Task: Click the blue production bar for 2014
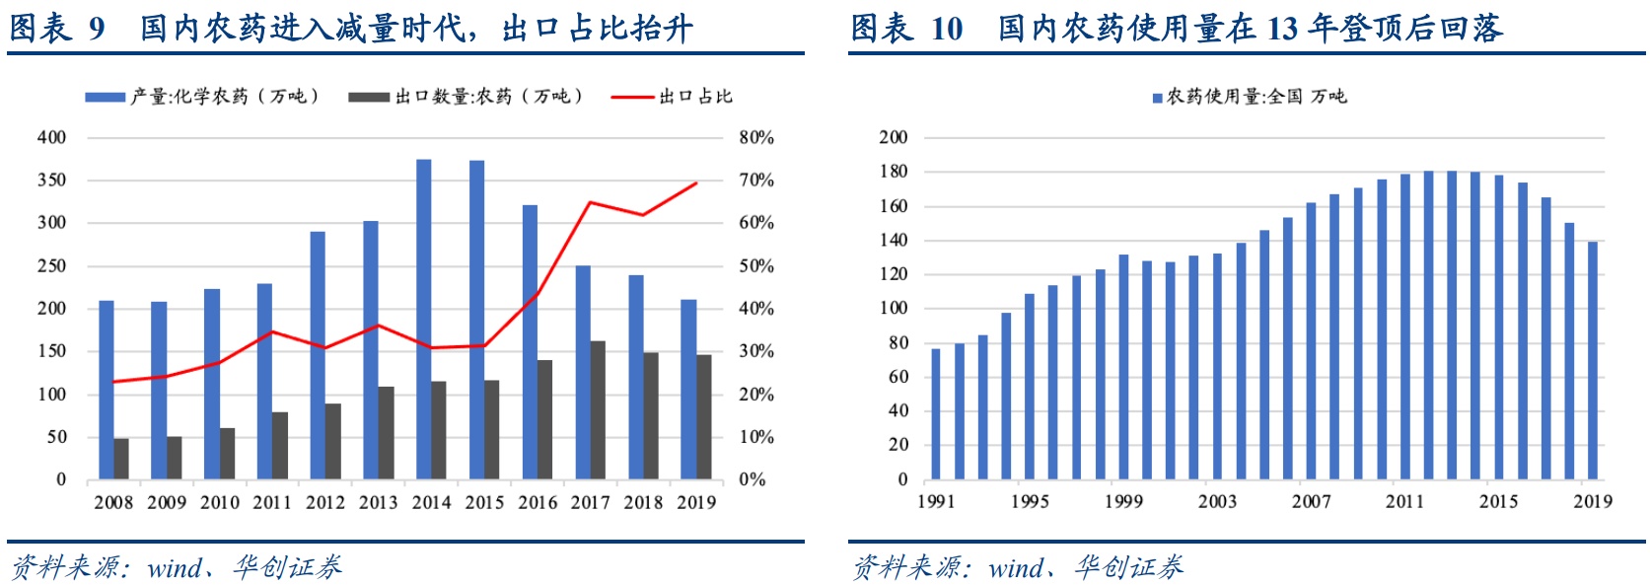(x=423, y=320)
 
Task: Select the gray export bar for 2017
(x=598, y=410)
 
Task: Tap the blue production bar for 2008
(x=106, y=390)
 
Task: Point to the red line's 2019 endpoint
(x=696, y=183)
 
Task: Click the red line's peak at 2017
(x=590, y=202)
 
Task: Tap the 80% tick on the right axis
(x=756, y=138)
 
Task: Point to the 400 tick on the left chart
(x=51, y=138)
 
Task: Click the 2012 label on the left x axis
(x=325, y=502)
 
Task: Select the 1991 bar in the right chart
(x=936, y=414)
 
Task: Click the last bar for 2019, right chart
(x=1593, y=360)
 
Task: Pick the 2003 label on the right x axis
(x=1217, y=501)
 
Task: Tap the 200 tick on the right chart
(x=894, y=137)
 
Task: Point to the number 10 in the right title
(x=947, y=29)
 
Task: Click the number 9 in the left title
(x=97, y=29)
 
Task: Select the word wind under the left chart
(x=174, y=568)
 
